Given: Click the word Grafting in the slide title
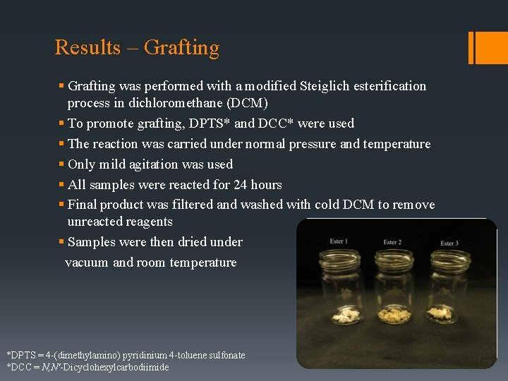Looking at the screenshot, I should (x=181, y=48).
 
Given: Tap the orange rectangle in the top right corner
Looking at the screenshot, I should (x=485, y=47).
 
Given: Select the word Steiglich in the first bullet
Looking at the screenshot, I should (x=328, y=86).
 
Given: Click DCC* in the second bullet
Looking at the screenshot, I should (x=275, y=123).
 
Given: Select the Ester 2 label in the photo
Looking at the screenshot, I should (x=392, y=242).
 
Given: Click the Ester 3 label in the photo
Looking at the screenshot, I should (x=449, y=243).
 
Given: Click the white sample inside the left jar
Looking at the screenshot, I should (x=346, y=317).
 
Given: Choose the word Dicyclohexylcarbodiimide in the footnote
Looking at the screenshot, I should (x=116, y=367).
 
